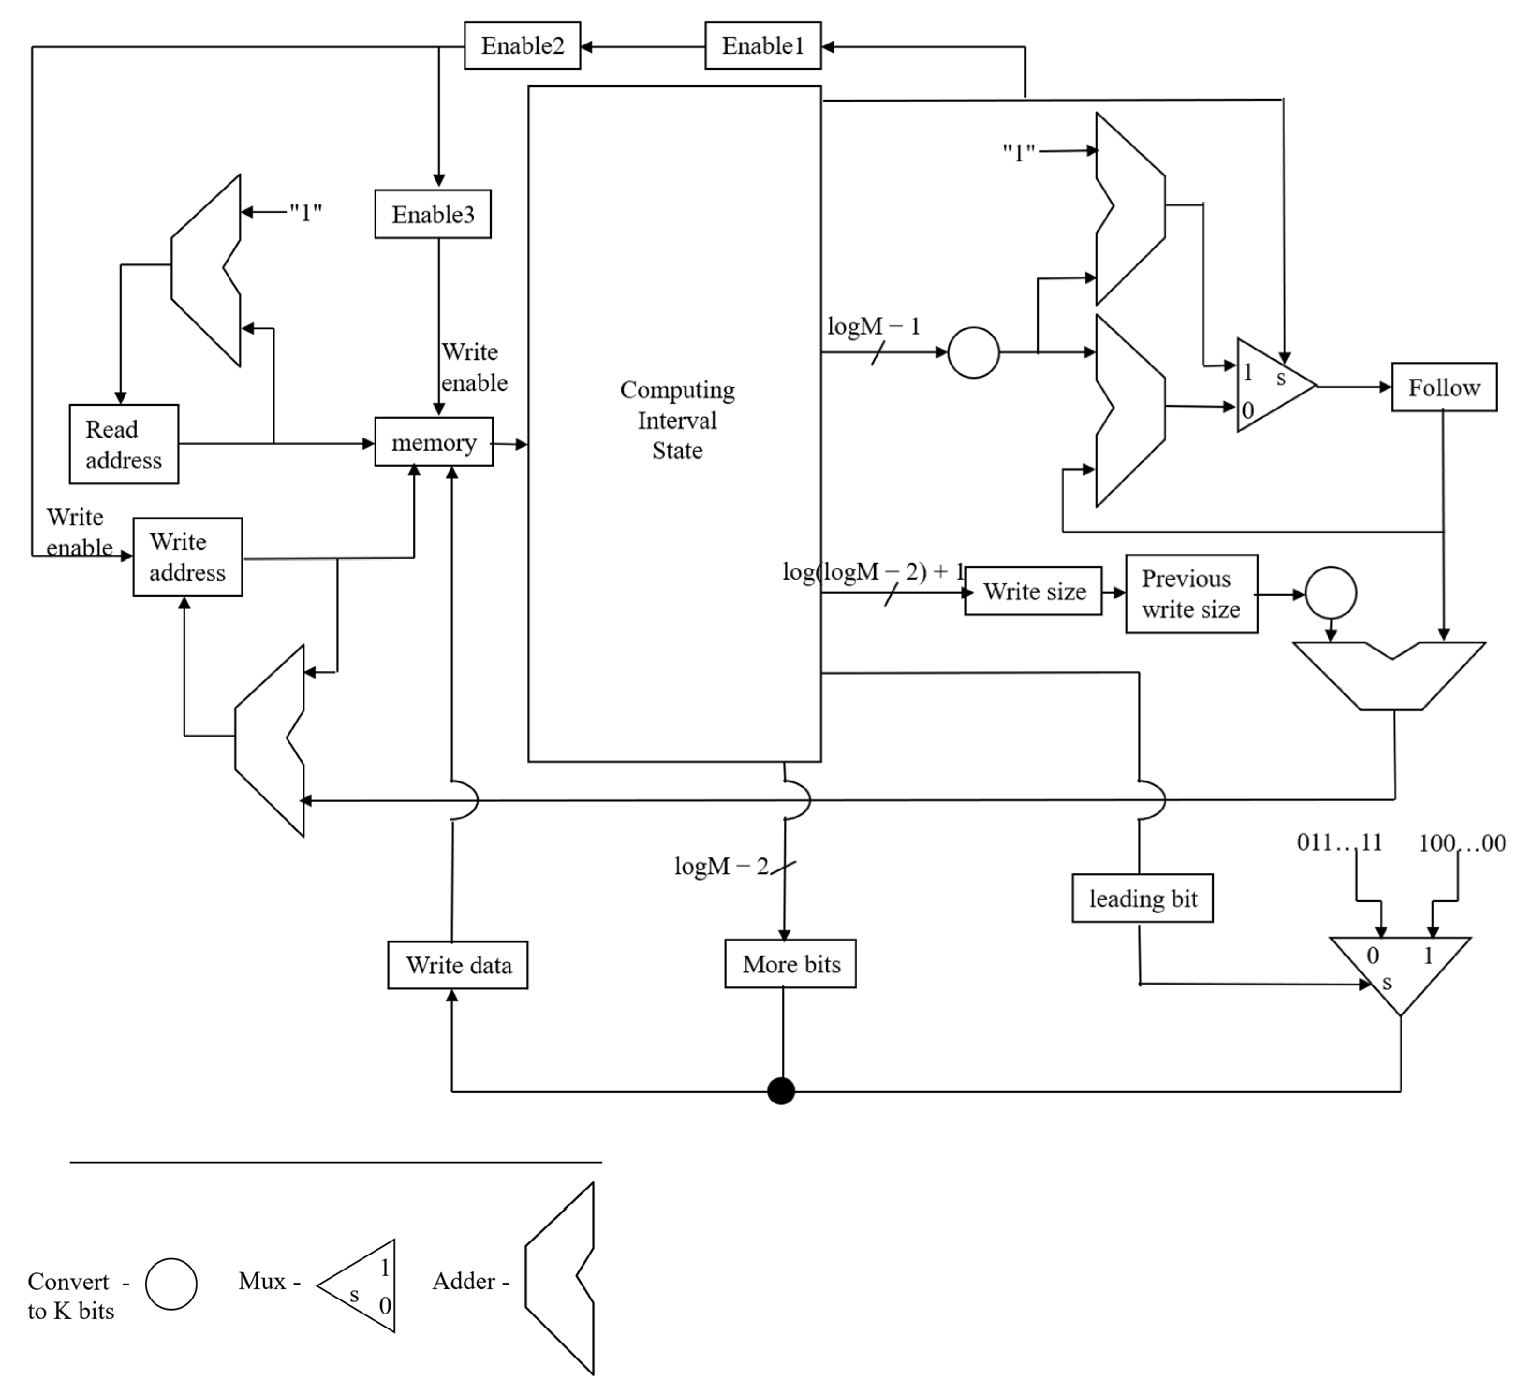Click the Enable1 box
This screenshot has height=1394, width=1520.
[762, 46]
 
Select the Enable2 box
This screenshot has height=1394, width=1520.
[522, 46]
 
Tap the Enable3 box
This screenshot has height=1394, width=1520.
[433, 214]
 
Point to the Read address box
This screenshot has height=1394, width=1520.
[124, 444]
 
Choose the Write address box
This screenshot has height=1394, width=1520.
[187, 557]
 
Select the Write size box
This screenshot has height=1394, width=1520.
[1033, 591]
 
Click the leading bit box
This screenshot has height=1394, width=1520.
[1142, 898]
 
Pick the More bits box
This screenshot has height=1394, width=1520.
[790, 964]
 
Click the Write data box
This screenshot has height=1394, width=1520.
[457, 965]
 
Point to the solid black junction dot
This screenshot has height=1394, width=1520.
[781, 1091]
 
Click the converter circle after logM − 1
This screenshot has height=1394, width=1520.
[973, 352]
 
